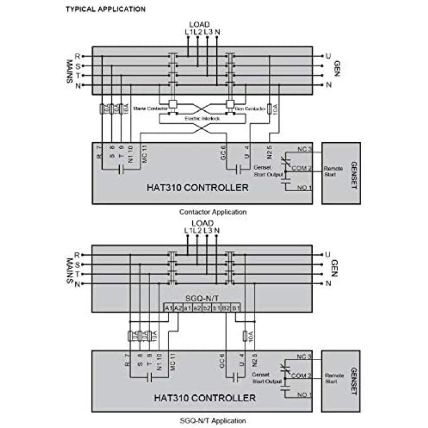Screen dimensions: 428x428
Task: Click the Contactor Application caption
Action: click(213, 212)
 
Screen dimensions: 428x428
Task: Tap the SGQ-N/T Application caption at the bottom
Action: click(212, 421)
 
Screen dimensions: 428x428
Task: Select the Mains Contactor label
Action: click(148, 107)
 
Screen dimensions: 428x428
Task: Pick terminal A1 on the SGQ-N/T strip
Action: click(168, 308)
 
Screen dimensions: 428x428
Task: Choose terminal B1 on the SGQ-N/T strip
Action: click(236, 308)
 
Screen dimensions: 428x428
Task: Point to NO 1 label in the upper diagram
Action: click(305, 188)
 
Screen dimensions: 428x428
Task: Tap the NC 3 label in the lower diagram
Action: click(305, 358)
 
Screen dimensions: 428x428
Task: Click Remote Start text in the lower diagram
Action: click(334, 379)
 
